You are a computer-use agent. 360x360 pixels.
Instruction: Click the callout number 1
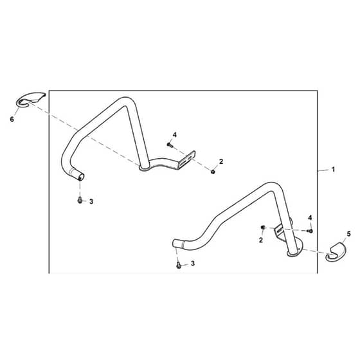tap(333, 170)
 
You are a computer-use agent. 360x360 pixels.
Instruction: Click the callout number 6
tap(12, 120)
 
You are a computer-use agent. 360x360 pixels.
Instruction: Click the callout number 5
tap(348, 234)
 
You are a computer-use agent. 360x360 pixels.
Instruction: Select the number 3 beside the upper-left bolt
tap(91, 202)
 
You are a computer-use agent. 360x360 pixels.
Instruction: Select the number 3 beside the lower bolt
tap(193, 264)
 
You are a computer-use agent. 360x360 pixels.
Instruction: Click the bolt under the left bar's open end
tap(80, 200)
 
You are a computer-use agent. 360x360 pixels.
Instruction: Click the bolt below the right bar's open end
tap(179, 265)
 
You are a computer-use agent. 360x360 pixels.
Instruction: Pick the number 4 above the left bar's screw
tap(174, 135)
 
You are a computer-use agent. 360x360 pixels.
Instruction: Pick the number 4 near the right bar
tap(310, 217)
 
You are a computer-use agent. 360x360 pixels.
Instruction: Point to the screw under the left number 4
tap(170, 145)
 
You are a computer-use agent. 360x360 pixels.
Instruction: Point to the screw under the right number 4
tap(310, 231)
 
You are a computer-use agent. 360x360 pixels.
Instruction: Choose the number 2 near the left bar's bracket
tap(221, 161)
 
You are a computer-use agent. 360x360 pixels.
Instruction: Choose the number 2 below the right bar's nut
tap(260, 240)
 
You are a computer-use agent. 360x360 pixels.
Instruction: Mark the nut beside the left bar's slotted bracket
tap(213, 171)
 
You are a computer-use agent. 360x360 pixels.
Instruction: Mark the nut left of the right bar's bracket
tap(263, 228)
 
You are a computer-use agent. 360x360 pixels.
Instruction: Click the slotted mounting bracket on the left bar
tap(187, 160)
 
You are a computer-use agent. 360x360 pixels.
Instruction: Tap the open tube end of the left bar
tap(81, 177)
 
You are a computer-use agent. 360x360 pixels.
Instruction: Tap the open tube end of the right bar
tap(175, 243)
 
